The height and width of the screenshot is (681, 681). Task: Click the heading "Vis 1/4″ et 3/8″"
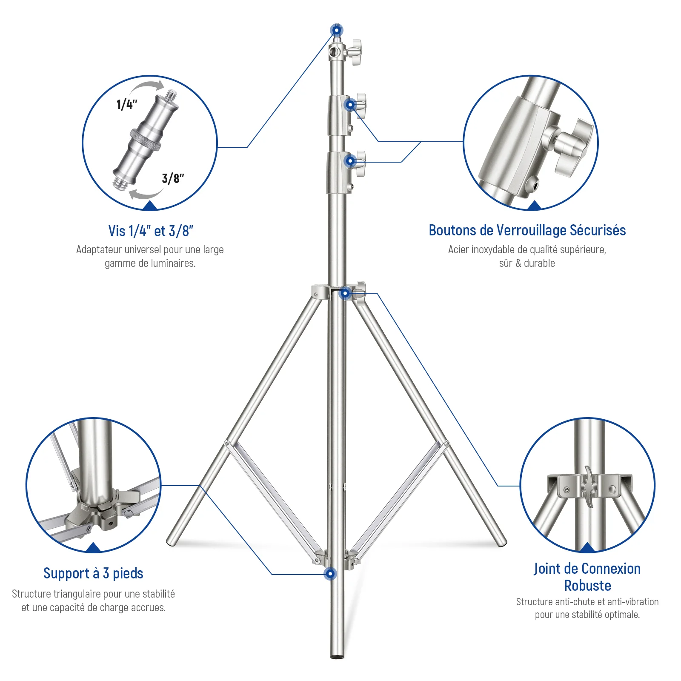[x=151, y=231]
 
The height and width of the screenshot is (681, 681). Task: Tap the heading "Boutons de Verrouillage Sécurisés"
[x=527, y=230]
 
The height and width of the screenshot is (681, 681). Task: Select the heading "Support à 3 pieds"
[x=93, y=573]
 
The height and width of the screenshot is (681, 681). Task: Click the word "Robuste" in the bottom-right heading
[x=587, y=586]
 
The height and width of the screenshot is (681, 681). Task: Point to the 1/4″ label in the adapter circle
[x=127, y=104]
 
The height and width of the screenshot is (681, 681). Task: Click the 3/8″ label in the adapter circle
[x=173, y=178]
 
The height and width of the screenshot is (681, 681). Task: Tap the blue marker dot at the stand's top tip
[x=337, y=30]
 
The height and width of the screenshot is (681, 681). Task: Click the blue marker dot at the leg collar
[x=345, y=293]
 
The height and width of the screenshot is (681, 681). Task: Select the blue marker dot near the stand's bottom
[x=330, y=574]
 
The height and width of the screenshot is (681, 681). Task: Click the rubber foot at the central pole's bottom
[x=337, y=657]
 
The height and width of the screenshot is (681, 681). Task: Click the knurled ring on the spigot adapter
[x=146, y=139]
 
